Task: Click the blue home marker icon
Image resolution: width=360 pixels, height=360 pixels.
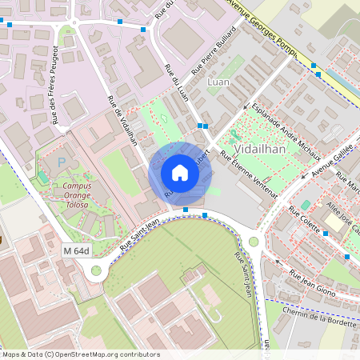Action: tap(180, 173)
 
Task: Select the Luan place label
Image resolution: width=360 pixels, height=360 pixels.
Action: tap(218, 82)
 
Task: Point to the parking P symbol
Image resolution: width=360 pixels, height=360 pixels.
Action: tap(62, 162)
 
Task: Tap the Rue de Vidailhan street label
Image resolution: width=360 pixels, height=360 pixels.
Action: tap(122, 121)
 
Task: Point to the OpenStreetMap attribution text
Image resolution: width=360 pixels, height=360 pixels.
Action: tap(80, 354)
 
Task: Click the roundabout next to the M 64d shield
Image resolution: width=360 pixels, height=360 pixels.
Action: tap(97, 270)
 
